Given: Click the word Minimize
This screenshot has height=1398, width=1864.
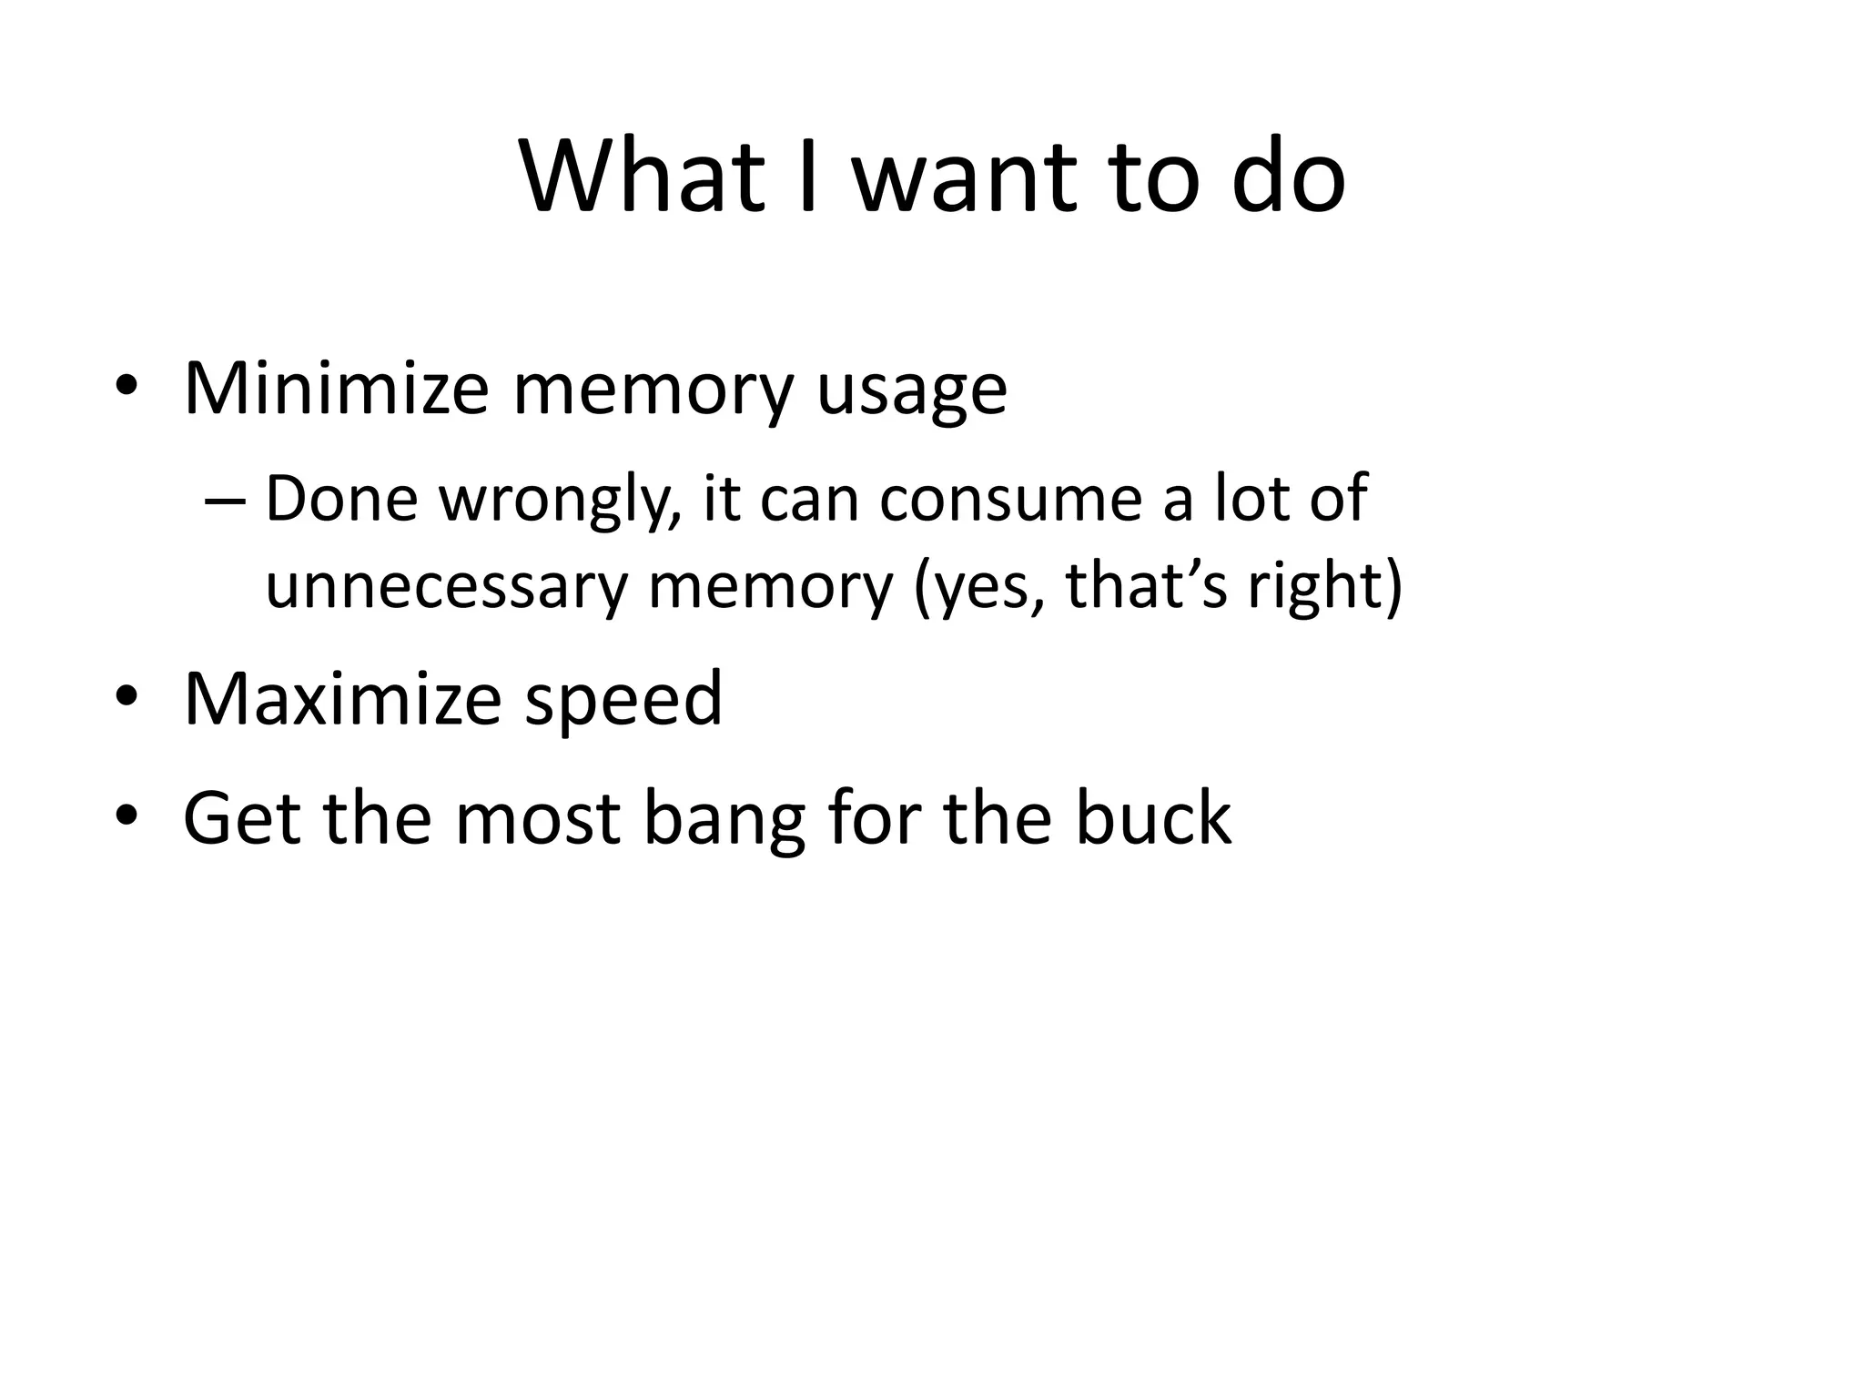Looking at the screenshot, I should (x=336, y=389).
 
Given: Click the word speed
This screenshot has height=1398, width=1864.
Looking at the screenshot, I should (x=623, y=702).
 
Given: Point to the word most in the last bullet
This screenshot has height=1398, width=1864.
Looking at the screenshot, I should (x=538, y=816).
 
